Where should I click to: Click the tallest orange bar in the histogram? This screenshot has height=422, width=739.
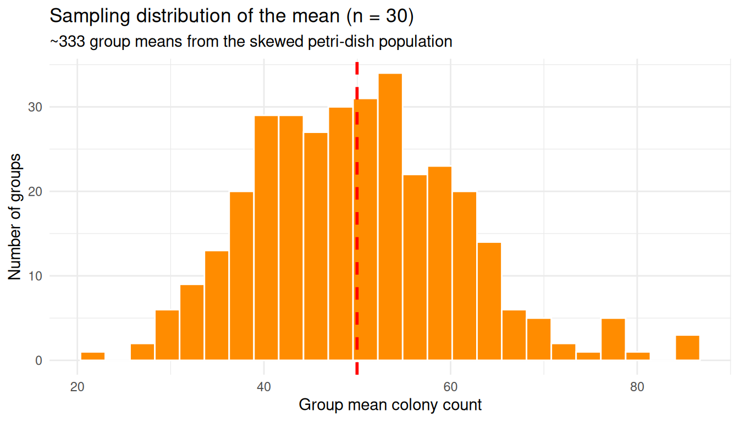(x=390, y=217)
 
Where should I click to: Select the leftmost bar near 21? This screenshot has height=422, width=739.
(x=93, y=356)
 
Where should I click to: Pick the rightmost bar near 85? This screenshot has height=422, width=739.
(x=687, y=347)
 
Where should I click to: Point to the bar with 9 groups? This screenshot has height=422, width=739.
(x=192, y=323)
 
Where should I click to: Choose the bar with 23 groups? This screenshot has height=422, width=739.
(x=440, y=263)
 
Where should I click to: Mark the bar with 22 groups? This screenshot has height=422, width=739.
(x=415, y=268)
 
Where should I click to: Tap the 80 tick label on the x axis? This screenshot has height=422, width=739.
(x=637, y=386)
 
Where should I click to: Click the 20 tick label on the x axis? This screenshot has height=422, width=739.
(x=78, y=386)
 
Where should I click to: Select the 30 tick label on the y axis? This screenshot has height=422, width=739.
(x=35, y=107)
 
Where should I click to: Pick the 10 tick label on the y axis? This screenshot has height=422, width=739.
(x=35, y=276)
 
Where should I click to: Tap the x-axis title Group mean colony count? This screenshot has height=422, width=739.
(x=390, y=406)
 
